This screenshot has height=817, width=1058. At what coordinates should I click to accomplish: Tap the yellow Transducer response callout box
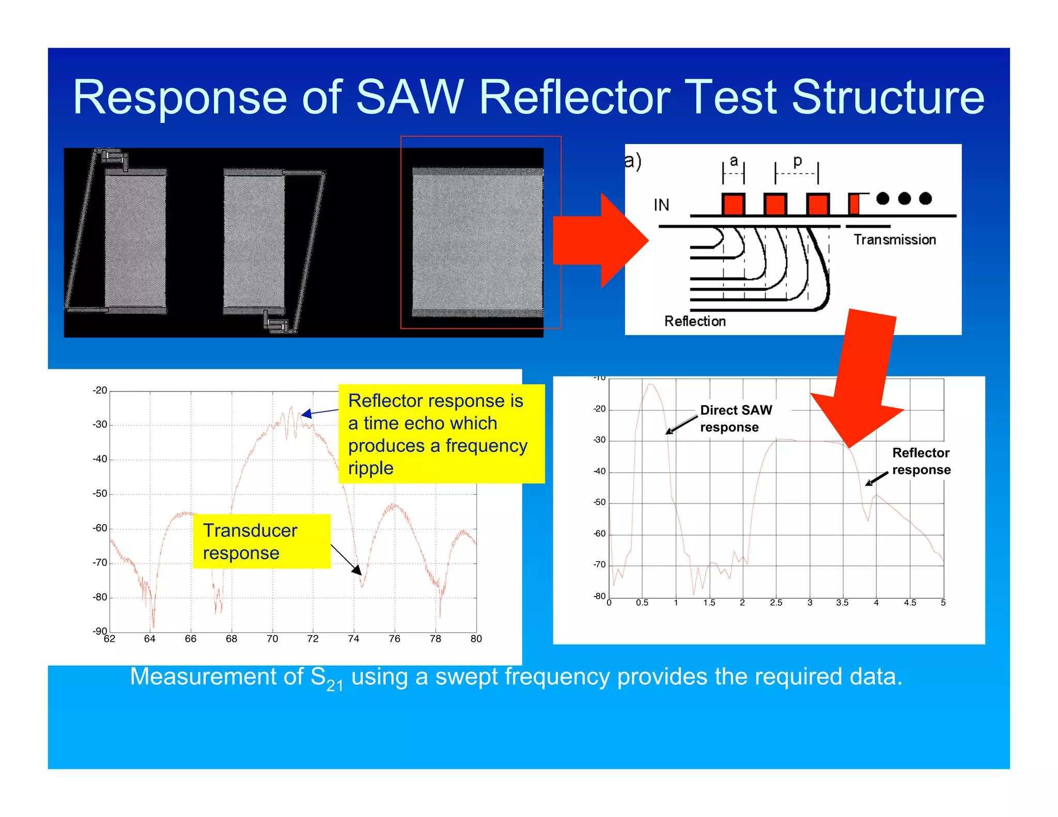click(261, 541)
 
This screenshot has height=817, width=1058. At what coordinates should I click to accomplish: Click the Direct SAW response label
click(736, 418)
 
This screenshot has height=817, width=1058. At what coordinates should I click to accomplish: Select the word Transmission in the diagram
click(894, 240)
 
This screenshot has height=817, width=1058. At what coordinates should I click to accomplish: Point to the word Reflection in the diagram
click(695, 321)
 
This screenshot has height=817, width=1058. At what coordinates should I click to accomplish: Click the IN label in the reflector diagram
click(661, 205)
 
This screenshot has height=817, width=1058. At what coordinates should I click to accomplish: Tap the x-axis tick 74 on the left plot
click(353, 639)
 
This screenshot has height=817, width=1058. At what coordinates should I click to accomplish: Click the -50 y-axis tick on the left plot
click(100, 494)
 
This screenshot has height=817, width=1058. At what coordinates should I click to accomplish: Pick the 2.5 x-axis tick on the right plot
click(776, 603)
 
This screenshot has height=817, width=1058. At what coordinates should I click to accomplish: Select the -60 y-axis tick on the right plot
click(599, 533)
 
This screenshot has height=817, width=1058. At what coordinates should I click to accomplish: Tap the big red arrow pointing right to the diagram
click(599, 241)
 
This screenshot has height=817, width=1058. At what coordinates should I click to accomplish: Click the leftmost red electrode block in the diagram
click(733, 204)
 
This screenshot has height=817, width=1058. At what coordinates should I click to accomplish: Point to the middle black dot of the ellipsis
click(904, 198)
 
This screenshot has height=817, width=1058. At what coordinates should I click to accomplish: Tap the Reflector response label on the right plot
click(921, 461)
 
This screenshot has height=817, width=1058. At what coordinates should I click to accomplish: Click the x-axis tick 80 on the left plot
click(476, 639)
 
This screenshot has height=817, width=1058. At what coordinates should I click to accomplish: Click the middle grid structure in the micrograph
click(254, 241)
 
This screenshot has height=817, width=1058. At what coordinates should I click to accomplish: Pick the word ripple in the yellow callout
click(370, 468)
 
